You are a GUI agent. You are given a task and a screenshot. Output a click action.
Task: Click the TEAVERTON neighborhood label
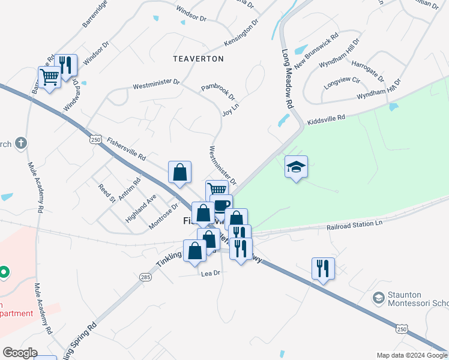197,59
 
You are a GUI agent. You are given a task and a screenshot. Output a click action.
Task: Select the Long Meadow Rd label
288,79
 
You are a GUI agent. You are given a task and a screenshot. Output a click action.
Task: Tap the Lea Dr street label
211,273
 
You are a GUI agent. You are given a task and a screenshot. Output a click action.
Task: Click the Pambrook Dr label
218,91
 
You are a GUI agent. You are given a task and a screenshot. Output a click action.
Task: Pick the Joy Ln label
231,109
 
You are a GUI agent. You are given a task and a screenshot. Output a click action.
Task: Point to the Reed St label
106,193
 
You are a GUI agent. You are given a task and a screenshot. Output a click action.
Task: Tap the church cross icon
21,143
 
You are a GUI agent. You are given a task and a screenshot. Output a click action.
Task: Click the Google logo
20,353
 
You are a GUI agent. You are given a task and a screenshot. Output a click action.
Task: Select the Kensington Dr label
241,35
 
